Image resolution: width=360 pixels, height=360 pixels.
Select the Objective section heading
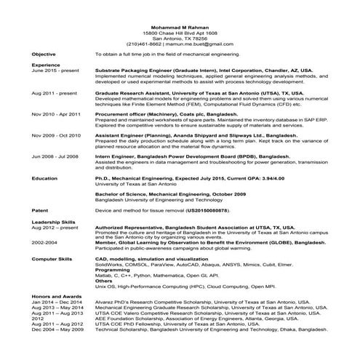[x=44, y=55]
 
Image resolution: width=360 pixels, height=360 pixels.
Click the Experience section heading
[x=46, y=65]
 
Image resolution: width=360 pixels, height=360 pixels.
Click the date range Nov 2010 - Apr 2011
[x=55, y=114]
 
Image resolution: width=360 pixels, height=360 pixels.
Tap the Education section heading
[x=44, y=177]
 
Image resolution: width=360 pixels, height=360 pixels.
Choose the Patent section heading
[x=40, y=209]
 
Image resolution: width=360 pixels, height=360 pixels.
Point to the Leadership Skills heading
[x=53, y=221]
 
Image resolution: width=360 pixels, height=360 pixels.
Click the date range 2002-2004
[x=44, y=241]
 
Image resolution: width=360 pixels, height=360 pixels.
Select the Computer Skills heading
[x=51, y=258]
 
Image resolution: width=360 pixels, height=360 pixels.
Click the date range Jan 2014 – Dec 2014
[x=56, y=302]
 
